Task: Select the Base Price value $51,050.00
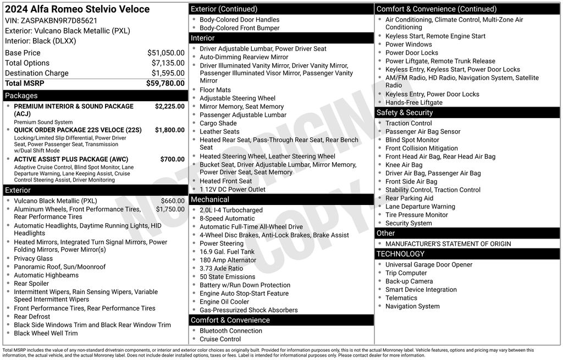click(x=165, y=53)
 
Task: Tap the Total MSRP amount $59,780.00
click(x=165, y=83)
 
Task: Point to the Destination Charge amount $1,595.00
click(x=168, y=73)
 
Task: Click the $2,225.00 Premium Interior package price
click(x=169, y=106)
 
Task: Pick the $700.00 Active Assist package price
click(x=172, y=159)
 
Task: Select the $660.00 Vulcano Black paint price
click(x=173, y=201)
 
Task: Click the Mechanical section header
click(x=210, y=200)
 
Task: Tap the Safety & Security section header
click(x=405, y=113)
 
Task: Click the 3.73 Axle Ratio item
click(x=221, y=268)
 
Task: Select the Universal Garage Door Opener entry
click(x=429, y=264)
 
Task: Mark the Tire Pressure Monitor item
click(x=417, y=215)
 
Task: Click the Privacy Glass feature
click(x=34, y=258)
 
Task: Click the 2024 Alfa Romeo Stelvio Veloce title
click(x=77, y=9)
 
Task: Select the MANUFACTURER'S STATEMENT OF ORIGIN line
click(x=448, y=243)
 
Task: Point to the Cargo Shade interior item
click(x=218, y=123)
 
